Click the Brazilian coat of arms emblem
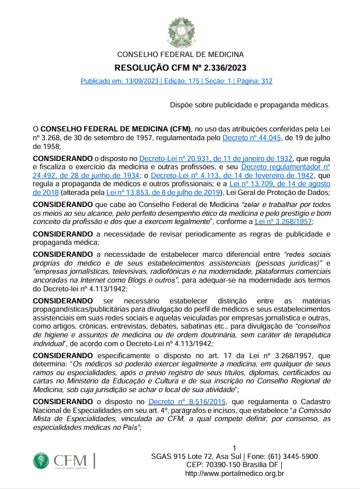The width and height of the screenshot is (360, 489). point(180,31)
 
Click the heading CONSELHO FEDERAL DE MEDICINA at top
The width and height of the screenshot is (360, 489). point(180,55)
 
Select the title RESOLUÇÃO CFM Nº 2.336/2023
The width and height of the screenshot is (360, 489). point(180,68)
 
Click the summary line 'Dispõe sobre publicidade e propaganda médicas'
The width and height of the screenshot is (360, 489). point(250,104)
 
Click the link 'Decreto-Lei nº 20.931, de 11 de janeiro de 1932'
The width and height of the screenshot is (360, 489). point(216,158)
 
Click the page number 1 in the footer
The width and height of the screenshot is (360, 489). point(235,448)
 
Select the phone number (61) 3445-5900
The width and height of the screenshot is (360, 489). point(288,457)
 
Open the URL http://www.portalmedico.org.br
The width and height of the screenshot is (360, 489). point(235,474)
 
